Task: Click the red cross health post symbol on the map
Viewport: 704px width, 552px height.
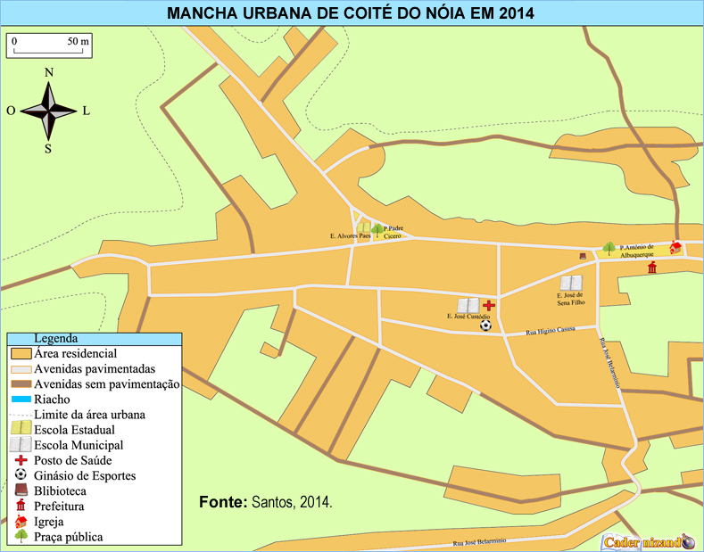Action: coord(489,305)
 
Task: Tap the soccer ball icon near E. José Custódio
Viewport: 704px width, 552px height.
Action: coord(485,325)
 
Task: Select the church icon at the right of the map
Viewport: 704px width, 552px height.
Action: coord(675,247)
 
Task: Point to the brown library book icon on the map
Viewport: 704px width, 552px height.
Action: coord(583,256)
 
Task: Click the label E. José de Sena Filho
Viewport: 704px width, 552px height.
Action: coord(570,298)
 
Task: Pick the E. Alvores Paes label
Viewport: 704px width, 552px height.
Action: coord(349,236)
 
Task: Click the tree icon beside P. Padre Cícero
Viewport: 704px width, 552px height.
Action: coord(377,230)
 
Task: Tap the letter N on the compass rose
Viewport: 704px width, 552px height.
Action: coord(49,72)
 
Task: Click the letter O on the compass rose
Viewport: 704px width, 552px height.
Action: coord(11,111)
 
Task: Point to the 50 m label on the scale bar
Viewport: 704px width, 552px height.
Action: coord(79,41)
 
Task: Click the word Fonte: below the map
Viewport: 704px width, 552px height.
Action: coord(223,502)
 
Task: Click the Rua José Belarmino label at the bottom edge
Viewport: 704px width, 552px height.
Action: coord(481,541)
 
